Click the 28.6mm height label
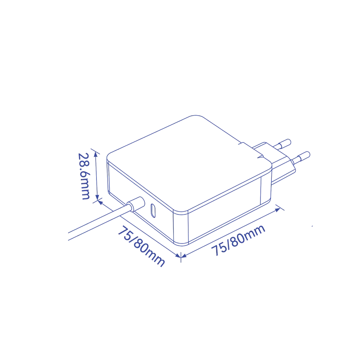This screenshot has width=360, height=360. pyautogui.click(x=84, y=176)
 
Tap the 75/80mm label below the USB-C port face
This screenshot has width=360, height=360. pyautogui.click(x=141, y=246)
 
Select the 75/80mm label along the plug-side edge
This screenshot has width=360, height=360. pyautogui.click(x=238, y=240)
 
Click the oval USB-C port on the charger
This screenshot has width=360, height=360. pyautogui.click(x=153, y=211)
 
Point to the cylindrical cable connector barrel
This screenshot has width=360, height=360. pyautogui.click(x=136, y=204)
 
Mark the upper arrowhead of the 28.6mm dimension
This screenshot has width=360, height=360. pyautogui.click(x=96, y=154)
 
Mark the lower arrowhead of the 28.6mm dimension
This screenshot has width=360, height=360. pyautogui.click(x=97, y=197)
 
